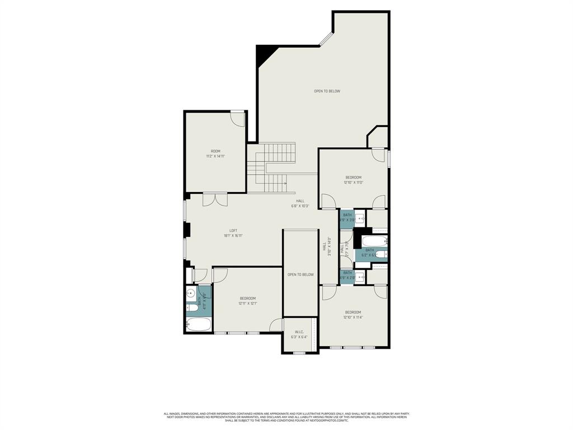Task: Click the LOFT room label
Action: [233, 233]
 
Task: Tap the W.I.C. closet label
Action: [299, 334]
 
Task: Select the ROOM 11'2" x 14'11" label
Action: [215, 154]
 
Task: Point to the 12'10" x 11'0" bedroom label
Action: [353, 180]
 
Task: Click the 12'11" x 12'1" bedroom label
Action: [247, 301]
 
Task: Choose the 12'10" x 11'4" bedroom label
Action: [353, 315]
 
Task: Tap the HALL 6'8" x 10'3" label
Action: [300, 203]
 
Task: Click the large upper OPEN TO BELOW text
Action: [327, 91]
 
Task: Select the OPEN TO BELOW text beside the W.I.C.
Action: [300, 274]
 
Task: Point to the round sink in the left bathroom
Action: [191, 293]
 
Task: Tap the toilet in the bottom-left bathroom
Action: [192, 307]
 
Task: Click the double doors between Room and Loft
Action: [215, 199]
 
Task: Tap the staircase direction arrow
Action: [285, 183]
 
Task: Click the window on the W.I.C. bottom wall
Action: [299, 353]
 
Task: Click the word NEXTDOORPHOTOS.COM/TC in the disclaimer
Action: [334, 420]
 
